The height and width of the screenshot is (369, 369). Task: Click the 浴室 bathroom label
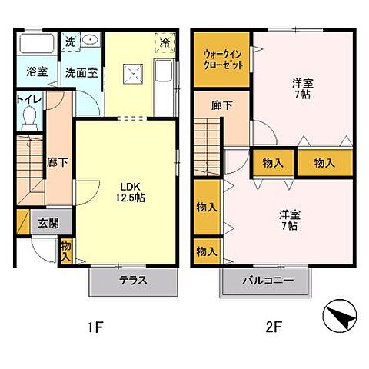pos(36,73)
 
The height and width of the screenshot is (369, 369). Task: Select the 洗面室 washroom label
pos(80,74)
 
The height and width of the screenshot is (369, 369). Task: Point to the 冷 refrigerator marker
pos(165,42)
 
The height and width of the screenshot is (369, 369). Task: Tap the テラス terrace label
pos(133,281)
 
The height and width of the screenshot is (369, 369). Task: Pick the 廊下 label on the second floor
pos(222,105)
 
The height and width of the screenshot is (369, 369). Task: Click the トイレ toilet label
pos(29,99)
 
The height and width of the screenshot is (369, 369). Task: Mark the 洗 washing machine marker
pos(68,42)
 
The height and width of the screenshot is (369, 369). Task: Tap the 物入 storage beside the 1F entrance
pos(66,251)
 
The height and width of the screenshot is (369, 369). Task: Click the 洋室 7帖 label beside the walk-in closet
pos(302,88)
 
